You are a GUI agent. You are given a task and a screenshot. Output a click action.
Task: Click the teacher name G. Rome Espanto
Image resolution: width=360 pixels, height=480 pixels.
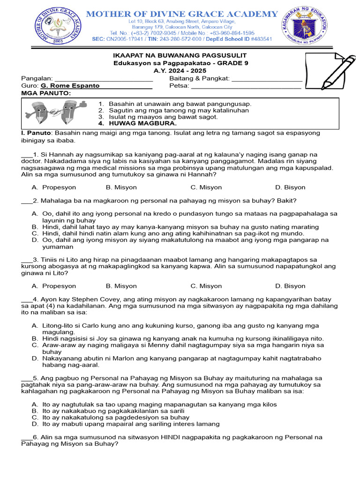pyautogui.click(x=70, y=86)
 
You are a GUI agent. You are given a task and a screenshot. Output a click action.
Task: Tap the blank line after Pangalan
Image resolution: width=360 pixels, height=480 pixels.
pyautogui.click(x=104, y=79)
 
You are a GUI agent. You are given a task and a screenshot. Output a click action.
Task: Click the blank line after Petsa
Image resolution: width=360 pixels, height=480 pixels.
pyautogui.click(x=246, y=86)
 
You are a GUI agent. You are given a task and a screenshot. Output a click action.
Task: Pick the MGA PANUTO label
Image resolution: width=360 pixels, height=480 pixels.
pyautogui.click(x=46, y=93)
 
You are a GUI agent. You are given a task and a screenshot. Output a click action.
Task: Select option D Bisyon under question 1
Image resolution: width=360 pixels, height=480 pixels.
pyautogui.click(x=294, y=187)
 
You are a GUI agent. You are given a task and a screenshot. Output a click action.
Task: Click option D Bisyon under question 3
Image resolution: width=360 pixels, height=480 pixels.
pyautogui.click(x=294, y=285)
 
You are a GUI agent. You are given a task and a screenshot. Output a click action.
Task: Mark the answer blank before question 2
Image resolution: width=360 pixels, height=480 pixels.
pyautogui.click(x=27, y=201)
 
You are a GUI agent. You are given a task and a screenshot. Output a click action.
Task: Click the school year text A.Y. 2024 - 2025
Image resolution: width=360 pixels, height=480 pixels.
pyautogui.click(x=180, y=70)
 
